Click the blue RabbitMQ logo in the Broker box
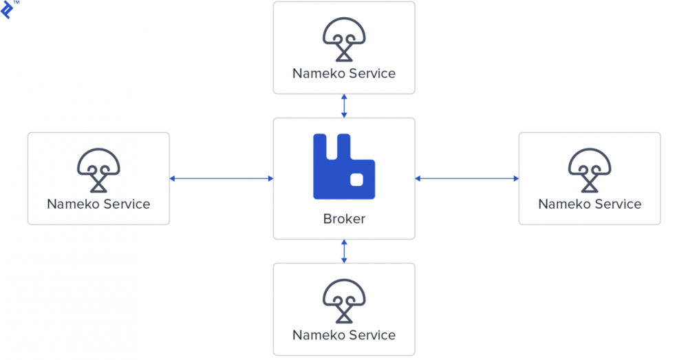click(x=344, y=167)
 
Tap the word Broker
click(x=344, y=220)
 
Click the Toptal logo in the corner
click(x=7, y=9)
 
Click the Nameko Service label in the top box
click(x=344, y=73)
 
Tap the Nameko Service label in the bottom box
click(x=344, y=335)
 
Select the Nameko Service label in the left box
click(x=98, y=204)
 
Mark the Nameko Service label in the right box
click(x=590, y=204)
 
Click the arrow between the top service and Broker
click(x=344, y=105)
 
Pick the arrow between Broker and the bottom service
click(x=344, y=251)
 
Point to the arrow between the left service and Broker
click(x=222, y=179)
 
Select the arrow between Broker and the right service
click(x=467, y=179)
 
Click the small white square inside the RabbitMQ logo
click(x=356, y=180)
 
